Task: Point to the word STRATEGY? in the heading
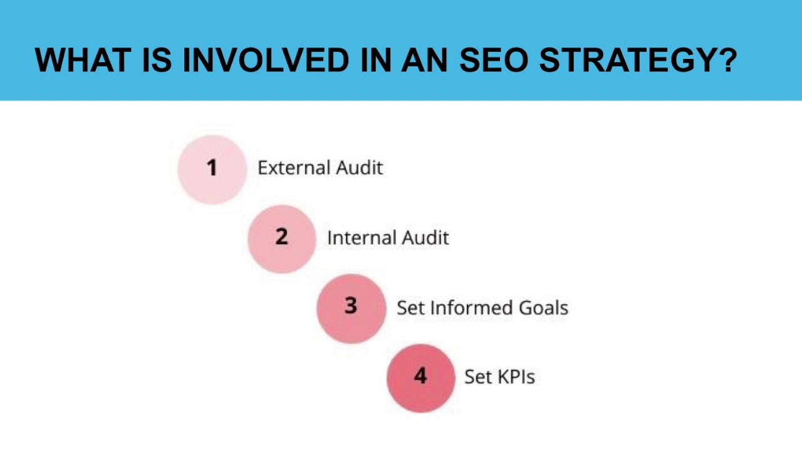click(638, 61)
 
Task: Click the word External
click(294, 168)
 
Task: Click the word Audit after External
click(359, 168)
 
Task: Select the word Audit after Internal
click(425, 238)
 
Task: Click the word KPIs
click(516, 377)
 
